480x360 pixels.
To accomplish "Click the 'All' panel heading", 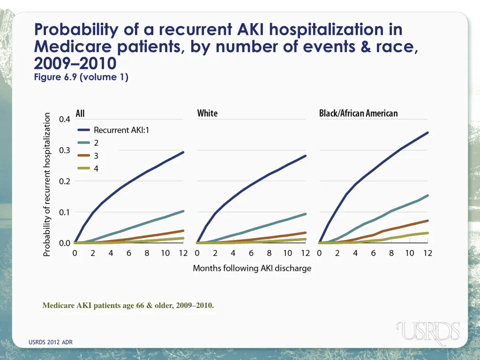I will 80,113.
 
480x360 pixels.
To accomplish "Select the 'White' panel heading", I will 207,113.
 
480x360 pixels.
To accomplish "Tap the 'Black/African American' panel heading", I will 358,113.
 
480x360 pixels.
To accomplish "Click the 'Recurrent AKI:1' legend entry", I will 121,130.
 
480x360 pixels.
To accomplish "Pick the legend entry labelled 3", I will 96,156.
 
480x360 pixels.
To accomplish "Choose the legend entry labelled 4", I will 96,169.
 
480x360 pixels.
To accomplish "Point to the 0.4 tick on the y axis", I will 65,119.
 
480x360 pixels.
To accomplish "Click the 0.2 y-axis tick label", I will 65,181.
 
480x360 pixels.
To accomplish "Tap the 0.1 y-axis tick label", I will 65,212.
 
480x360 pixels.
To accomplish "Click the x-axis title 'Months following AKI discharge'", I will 252,269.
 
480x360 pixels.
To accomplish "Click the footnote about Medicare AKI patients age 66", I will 128,306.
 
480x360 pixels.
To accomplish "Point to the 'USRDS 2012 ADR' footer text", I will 51,343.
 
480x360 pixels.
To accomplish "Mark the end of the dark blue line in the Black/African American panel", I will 427,133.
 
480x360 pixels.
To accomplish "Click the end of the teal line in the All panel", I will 183,211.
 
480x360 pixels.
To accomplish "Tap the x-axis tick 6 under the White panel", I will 251,253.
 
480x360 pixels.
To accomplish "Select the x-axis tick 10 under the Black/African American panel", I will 409,253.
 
